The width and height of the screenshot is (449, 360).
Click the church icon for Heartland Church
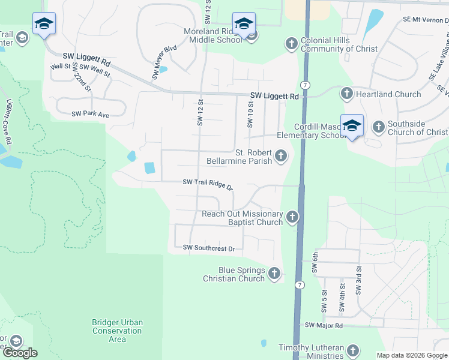pyautogui.click(x=347, y=94)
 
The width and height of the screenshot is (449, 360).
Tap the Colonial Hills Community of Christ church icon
pyautogui.click(x=291, y=43)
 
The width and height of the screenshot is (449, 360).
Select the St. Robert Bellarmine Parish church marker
pyautogui.click(x=280, y=157)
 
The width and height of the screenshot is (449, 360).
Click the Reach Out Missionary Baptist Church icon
pyautogui.click(x=292, y=217)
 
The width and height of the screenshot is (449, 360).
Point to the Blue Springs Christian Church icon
pyautogui.click(x=274, y=274)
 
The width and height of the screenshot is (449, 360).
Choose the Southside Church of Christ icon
pyautogui.click(x=379, y=127)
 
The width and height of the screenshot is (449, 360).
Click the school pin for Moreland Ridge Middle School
pyautogui.click(x=244, y=24)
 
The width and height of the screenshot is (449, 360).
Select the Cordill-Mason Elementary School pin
pyautogui.click(x=352, y=125)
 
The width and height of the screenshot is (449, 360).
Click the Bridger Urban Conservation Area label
pyautogui.click(x=118, y=331)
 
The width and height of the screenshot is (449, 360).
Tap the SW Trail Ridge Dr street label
pyautogui.click(x=208, y=184)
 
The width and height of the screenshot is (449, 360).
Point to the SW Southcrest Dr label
pyautogui.click(x=208, y=248)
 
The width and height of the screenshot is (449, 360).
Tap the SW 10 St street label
pyautogui.click(x=250, y=113)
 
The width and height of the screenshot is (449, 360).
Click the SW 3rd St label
pyautogui.click(x=358, y=280)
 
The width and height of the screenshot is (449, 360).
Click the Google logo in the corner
pyautogui.click(x=19, y=353)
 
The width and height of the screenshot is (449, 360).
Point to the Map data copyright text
pyautogui.click(x=411, y=355)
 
